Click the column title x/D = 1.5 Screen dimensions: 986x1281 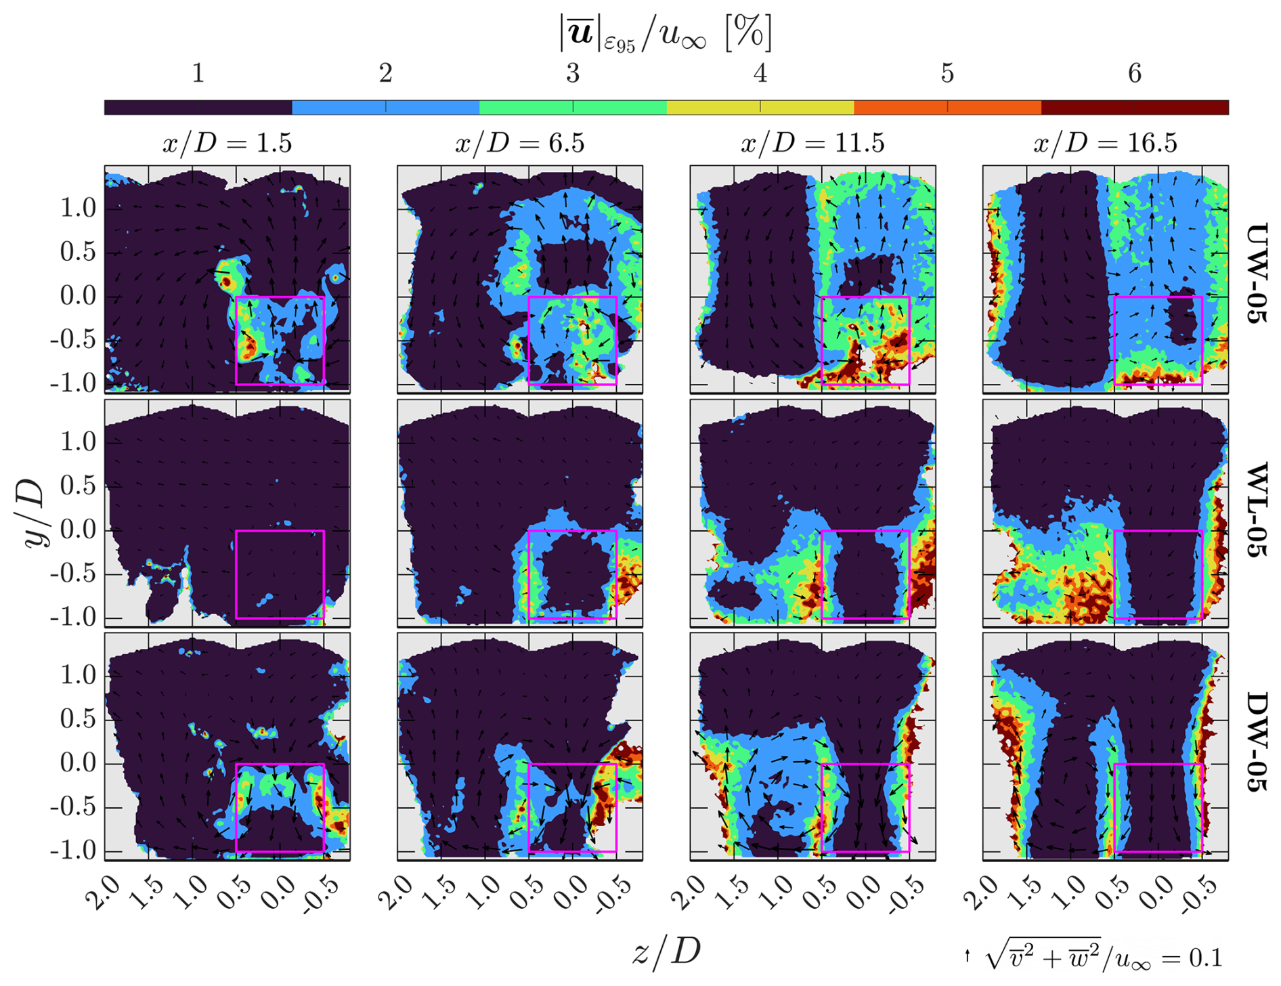(x=227, y=144)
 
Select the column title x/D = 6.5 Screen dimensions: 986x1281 (x=519, y=144)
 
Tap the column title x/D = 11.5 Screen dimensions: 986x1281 (x=812, y=144)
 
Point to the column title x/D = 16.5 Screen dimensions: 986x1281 (x=1105, y=144)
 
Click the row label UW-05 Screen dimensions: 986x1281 (x=1256, y=274)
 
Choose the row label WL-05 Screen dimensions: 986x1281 (x=1256, y=510)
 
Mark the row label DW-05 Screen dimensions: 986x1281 (x=1256, y=742)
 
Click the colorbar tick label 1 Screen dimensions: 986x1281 (x=198, y=73)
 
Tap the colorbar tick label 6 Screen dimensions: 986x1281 (x=1135, y=73)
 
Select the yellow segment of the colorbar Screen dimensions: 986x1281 (x=760, y=107)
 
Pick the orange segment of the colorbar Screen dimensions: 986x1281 (x=947, y=107)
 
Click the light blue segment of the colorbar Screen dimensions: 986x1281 (x=385, y=107)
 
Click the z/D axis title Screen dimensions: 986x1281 (x=666, y=951)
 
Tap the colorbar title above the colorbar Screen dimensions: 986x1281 (x=666, y=34)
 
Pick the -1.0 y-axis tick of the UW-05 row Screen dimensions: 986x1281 (x=73, y=384)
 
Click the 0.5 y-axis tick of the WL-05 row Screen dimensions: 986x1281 (x=77, y=486)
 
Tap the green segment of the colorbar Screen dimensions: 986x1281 (x=573, y=107)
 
